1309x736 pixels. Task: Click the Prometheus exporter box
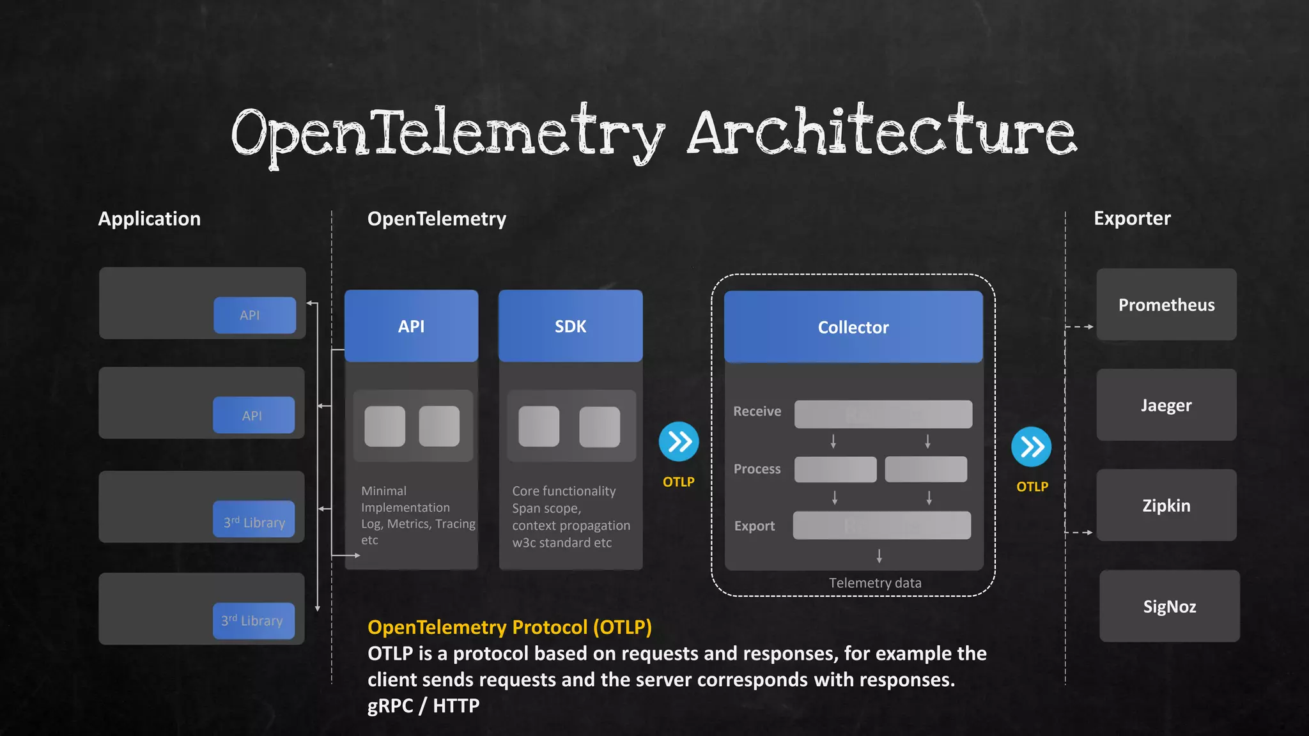tap(1166, 305)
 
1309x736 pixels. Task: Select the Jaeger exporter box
tap(1166, 405)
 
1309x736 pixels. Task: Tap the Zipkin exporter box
tap(1166, 505)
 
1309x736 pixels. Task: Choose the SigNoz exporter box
tap(1170, 606)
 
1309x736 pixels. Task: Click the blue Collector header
tap(853, 327)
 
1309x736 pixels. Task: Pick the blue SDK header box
tap(570, 326)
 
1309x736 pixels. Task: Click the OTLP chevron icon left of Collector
tap(679, 441)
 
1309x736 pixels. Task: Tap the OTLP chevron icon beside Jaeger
tap(1032, 447)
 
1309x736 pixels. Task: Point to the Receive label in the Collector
tap(757, 411)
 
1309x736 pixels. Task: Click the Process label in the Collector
tap(757, 469)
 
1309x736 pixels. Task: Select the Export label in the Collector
tap(754, 526)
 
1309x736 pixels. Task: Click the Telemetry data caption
tap(875, 583)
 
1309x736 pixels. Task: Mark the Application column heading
tap(149, 218)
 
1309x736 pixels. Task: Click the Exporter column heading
tap(1132, 218)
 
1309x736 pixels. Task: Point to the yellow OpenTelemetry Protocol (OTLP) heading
tap(509, 627)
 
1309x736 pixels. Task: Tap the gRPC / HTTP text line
tap(423, 705)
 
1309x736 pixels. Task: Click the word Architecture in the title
tap(882, 133)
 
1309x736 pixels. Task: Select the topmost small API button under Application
tap(254, 315)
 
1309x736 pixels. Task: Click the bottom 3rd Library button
tap(253, 620)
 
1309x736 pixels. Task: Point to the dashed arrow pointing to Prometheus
tap(1080, 326)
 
